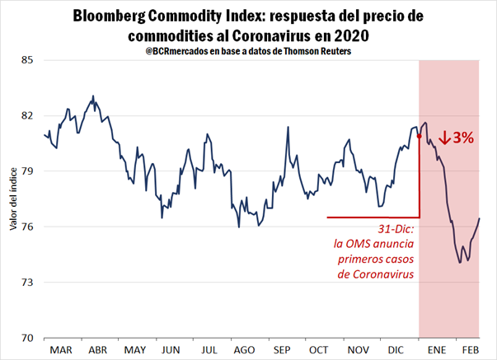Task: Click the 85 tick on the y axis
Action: coord(26,60)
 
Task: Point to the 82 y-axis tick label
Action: coord(26,115)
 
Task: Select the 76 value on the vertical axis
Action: coord(26,227)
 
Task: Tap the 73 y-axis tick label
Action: coord(26,283)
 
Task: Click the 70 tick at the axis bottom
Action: coord(26,338)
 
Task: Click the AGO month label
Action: coord(242,350)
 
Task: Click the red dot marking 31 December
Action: coord(420,135)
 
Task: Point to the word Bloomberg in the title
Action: coord(121,16)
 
